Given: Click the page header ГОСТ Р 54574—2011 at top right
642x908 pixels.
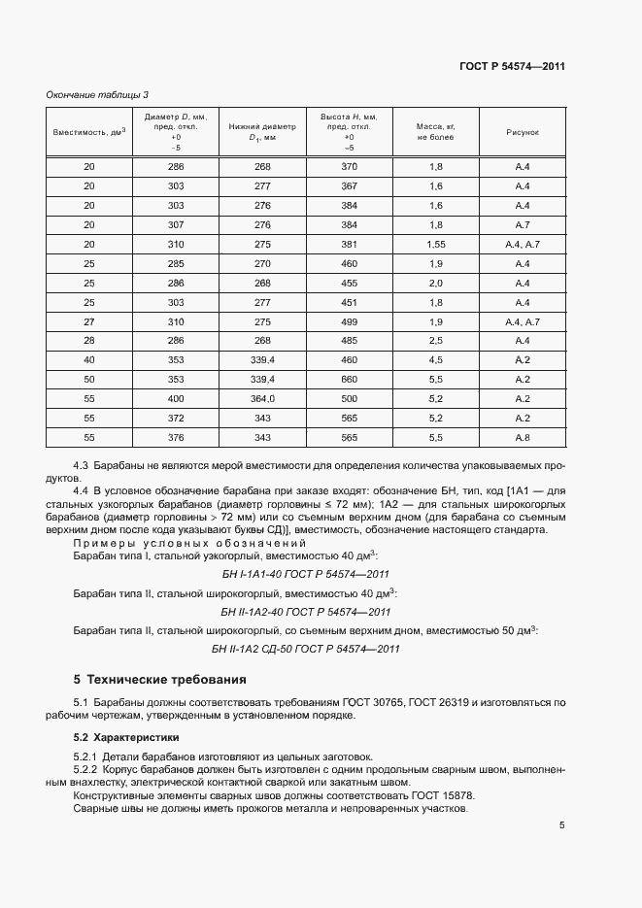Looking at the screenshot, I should coord(512,67).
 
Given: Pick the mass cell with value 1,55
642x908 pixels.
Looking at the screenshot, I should coord(435,244).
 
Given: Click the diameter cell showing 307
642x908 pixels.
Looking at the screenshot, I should coord(176,224).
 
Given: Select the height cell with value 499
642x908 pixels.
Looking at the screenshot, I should coord(350,320).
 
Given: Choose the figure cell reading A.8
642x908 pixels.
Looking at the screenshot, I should coord(522,437).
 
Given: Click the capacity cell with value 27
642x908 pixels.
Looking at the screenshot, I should coord(89,320).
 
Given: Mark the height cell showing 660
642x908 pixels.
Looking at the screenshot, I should coord(350,379).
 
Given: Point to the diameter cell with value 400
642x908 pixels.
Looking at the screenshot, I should coord(176,398).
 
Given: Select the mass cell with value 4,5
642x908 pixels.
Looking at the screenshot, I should coord(435,359).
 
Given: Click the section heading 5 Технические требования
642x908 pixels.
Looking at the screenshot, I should coord(159,679).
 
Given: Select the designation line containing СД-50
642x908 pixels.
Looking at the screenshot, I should coord(306,649).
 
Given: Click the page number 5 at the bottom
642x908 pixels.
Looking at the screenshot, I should coord(562,825).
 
